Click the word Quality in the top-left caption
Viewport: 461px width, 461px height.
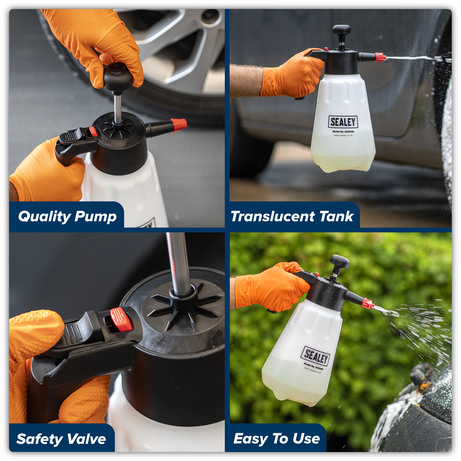pos(44,216)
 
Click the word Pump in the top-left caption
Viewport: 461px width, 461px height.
pos(96,217)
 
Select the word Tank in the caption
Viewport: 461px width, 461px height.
pos(337,216)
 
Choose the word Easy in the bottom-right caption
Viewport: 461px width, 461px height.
pos(249,438)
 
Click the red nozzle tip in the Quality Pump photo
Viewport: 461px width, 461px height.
pos(179,125)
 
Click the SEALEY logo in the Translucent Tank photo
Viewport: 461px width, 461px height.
pos(343,122)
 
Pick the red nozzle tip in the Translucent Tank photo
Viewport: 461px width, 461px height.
pos(380,58)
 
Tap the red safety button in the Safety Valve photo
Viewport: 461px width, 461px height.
pos(121,319)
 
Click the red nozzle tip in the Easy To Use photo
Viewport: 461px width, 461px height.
pos(368,304)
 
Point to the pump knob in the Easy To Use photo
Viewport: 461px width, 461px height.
pos(340,262)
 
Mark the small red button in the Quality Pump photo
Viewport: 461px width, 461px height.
pos(93,131)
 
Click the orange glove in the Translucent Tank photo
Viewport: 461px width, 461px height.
pos(292,75)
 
